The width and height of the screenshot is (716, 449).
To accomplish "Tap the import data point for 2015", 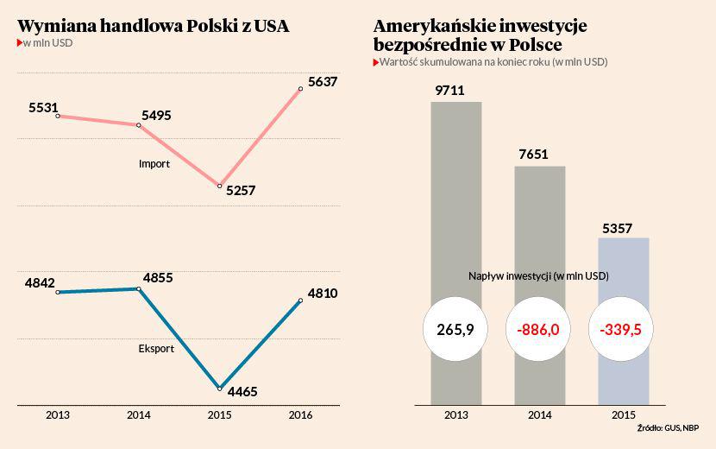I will [220, 186].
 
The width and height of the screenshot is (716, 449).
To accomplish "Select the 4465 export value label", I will [242, 392].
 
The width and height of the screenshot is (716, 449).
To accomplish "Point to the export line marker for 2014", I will [139, 288].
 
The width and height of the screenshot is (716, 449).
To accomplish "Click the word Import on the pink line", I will [154, 163].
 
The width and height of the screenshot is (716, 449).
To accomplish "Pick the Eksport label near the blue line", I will [156, 349].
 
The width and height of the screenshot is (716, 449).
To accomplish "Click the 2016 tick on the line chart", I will [301, 415].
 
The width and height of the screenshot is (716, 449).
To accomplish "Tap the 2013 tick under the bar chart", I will [456, 415].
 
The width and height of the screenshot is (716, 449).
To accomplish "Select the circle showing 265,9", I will [455, 329].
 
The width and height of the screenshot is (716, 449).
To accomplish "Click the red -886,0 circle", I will [538, 329].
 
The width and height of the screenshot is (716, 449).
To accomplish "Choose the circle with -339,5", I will [621, 329].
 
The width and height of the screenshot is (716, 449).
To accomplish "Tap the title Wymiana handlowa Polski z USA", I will [154, 26].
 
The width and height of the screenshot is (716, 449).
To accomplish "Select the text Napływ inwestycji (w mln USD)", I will [538, 275].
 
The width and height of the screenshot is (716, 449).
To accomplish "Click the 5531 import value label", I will [43, 108].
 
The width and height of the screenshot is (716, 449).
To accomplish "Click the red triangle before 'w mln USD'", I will [21, 42].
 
